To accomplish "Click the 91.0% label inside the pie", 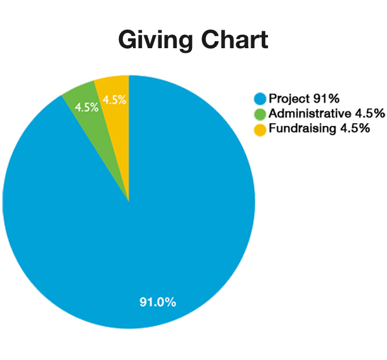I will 158,302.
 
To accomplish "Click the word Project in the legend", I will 288,99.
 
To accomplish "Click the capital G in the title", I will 129,39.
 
